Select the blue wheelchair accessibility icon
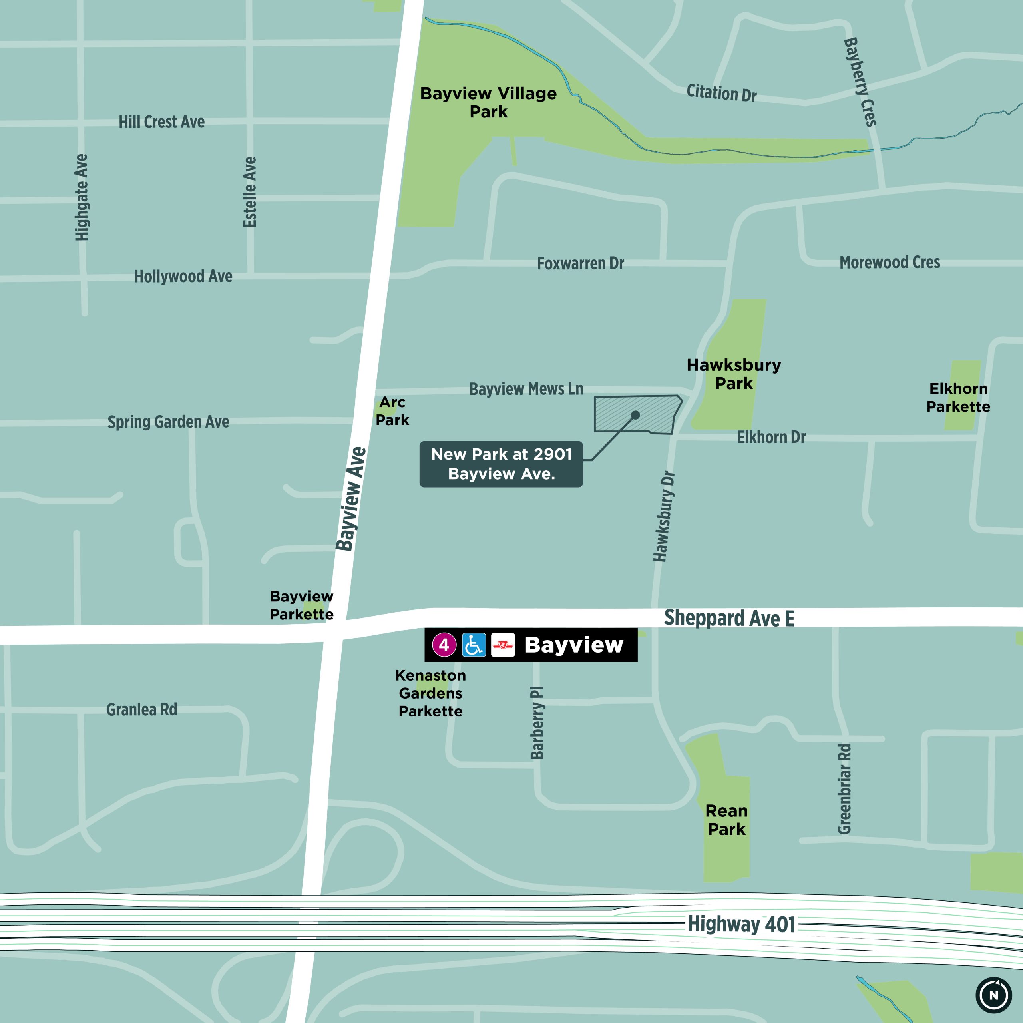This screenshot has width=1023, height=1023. point(474,645)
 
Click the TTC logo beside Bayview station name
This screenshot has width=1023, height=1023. point(502,645)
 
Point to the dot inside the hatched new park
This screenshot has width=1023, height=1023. point(635,415)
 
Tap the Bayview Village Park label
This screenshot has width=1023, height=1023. point(488,102)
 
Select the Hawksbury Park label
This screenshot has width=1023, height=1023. point(734,374)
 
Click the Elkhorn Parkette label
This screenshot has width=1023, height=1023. point(958,397)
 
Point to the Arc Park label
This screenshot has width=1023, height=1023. point(392,411)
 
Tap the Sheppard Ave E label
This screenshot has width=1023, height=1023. point(729,618)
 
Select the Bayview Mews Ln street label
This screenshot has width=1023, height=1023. point(526,389)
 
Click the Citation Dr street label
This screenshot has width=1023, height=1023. point(721,93)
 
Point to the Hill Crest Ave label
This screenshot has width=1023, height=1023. point(161,122)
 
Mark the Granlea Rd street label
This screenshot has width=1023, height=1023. point(141,710)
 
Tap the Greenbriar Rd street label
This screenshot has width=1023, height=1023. point(844,788)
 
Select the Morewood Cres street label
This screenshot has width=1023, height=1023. point(890,262)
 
